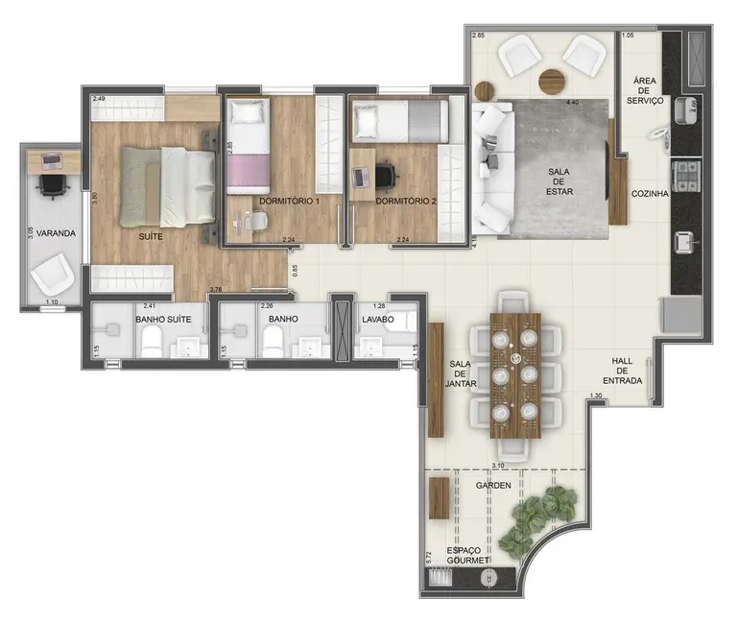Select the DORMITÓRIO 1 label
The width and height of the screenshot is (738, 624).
[x=289, y=201]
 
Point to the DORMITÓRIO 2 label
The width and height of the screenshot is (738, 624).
[x=406, y=201]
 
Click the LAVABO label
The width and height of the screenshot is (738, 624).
[x=377, y=319]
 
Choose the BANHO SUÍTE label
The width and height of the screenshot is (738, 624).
[x=160, y=319]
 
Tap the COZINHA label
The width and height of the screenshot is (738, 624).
[x=649, y=194]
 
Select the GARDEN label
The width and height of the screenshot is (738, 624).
[x=492, y=486]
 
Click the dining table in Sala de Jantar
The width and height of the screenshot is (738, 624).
[x=514, y=374]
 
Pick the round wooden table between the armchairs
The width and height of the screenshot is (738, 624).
[x=551, y=82]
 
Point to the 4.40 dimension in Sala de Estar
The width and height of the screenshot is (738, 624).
[x=574, y=102]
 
